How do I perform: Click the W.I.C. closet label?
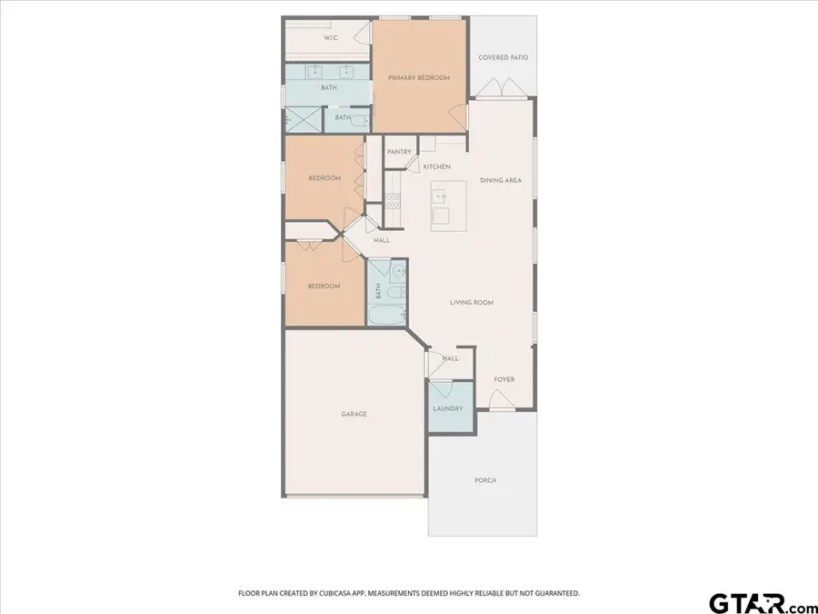[333, 38]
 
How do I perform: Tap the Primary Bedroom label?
[419, 78]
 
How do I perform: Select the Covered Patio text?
[504, 57]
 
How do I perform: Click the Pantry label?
[399, 152]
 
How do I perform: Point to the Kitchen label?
[436, 166]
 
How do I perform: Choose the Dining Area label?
[501, 180]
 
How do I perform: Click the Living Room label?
[472, 302]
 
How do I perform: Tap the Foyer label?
[504, 379]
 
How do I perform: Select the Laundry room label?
[447, 408]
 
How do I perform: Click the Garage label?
[354, 414]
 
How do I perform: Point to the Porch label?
[485, 480]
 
